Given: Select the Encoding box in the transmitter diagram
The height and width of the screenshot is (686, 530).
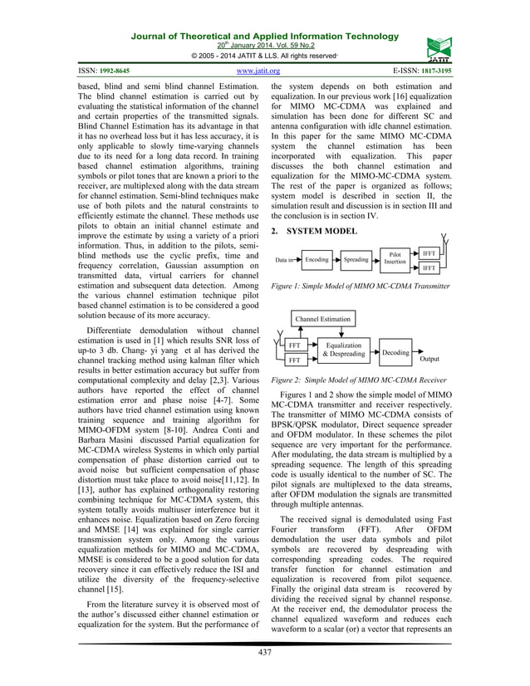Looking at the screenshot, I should coord(317,260).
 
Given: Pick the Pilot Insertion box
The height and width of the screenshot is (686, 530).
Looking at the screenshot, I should coord(395,259).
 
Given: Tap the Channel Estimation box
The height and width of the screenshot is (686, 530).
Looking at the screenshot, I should coord(322,318).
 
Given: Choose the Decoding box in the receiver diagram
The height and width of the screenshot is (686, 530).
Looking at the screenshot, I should coord(396,352).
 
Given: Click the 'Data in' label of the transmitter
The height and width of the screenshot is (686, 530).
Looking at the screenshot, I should coord(284,261).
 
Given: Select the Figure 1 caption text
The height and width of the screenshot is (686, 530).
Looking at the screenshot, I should coord(361,287).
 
